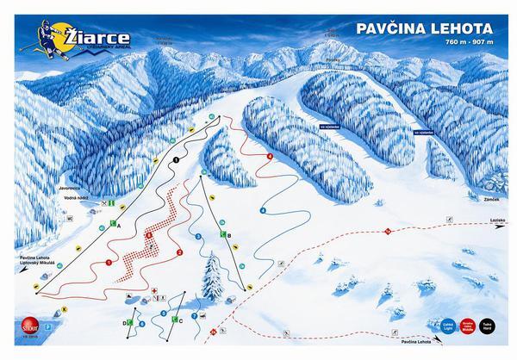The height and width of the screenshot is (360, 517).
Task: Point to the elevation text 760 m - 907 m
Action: coord(470,41)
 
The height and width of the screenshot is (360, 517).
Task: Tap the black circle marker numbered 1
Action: coord(176,160)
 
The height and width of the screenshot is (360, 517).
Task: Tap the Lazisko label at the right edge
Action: coord(497,221)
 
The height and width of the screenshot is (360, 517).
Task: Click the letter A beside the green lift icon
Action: coord(118,224)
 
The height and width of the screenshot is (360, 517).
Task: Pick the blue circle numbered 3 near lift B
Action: coord(198,236)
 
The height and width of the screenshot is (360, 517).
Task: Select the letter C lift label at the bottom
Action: coord(178,320)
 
